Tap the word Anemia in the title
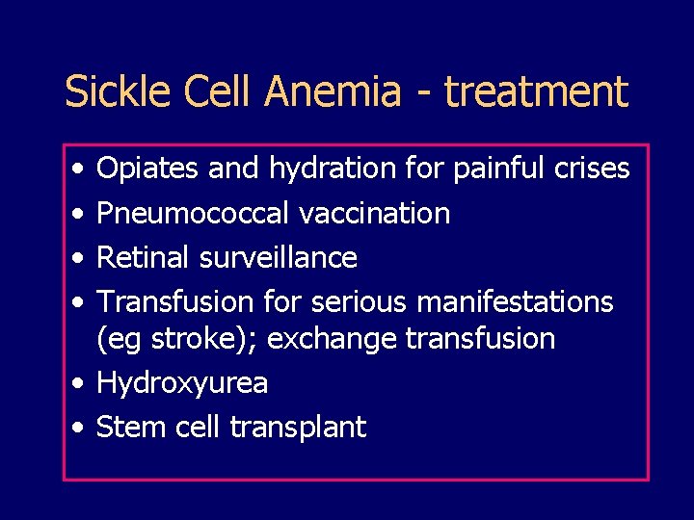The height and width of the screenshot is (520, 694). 334,92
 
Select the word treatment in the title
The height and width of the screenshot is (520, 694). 537,92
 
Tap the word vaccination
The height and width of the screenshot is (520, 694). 375,213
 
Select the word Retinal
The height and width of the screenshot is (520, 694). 145,257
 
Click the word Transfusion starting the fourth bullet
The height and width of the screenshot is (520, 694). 177,301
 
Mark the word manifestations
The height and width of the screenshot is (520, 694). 515,301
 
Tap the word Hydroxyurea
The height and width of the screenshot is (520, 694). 183,384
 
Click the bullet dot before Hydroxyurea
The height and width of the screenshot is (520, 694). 77,384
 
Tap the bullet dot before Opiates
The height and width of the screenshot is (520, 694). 77,170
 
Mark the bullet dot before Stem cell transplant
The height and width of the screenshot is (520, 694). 77,428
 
